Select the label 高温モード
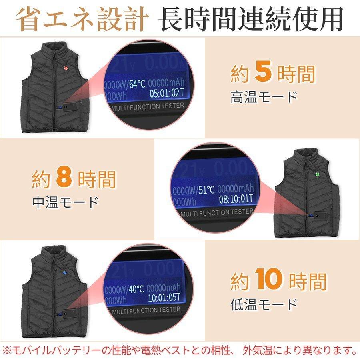264,97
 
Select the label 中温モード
65,202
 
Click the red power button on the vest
64,68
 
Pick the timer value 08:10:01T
236,198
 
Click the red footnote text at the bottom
180,351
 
